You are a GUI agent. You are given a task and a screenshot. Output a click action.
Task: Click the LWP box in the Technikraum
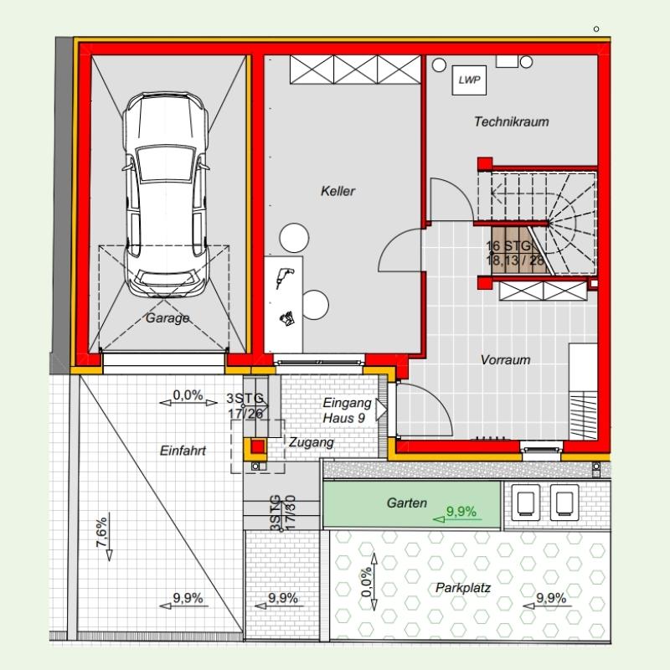469,80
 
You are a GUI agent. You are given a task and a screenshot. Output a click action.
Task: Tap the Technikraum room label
512,121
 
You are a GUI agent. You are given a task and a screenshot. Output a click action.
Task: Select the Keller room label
338,191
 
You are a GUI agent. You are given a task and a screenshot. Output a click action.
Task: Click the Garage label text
167,318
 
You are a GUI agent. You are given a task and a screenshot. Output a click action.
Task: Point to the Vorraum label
506,360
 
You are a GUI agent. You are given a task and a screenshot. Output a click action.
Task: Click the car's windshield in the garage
165,163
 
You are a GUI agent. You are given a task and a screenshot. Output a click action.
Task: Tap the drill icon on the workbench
284,277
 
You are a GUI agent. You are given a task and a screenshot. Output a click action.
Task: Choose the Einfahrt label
183,451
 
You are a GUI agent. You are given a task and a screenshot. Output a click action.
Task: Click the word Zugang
311,442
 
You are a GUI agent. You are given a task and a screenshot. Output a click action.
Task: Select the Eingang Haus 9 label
347,410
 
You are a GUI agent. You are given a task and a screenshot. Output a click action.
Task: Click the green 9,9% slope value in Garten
461,511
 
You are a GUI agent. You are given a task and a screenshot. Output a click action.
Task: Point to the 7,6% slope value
101,533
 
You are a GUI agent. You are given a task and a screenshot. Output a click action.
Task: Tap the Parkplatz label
463,588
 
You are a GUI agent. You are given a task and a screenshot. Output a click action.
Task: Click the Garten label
407,503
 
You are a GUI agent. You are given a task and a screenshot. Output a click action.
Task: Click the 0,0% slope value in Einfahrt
188,394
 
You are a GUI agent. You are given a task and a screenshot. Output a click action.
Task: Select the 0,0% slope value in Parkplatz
367,582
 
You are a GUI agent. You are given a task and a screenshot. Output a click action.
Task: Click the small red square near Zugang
258,447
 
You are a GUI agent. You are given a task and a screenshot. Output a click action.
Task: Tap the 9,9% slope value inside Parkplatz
551,598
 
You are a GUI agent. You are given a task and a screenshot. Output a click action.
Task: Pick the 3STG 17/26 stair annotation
245,406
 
